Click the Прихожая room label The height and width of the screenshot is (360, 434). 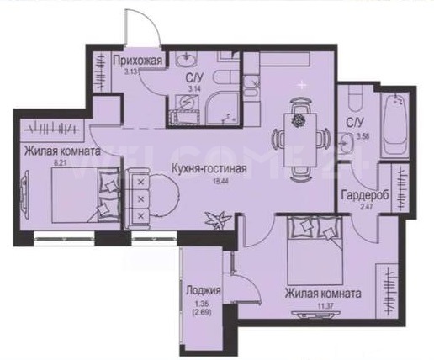click(138, 61)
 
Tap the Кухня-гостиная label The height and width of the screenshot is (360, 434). click(209, 169)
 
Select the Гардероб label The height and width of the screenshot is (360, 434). click(365, 195)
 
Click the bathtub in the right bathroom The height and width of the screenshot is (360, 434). click(394, 125)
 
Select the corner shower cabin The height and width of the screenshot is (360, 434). click(223, 109)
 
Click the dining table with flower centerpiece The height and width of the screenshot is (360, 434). click(300, 140)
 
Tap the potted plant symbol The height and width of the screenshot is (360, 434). click(218, 220)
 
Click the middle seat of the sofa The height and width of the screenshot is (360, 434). click(140, 199)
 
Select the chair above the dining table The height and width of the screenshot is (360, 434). click(300, 105)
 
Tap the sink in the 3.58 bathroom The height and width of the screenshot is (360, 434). click(347, 142)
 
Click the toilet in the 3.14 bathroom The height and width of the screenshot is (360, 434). click(225, 77)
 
